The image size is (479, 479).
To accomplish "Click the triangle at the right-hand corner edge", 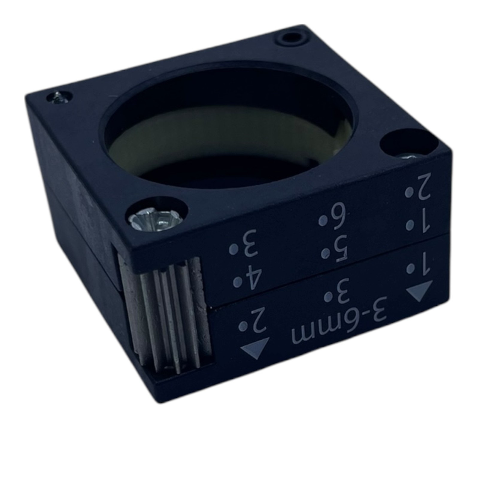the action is (x=420, y=290).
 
